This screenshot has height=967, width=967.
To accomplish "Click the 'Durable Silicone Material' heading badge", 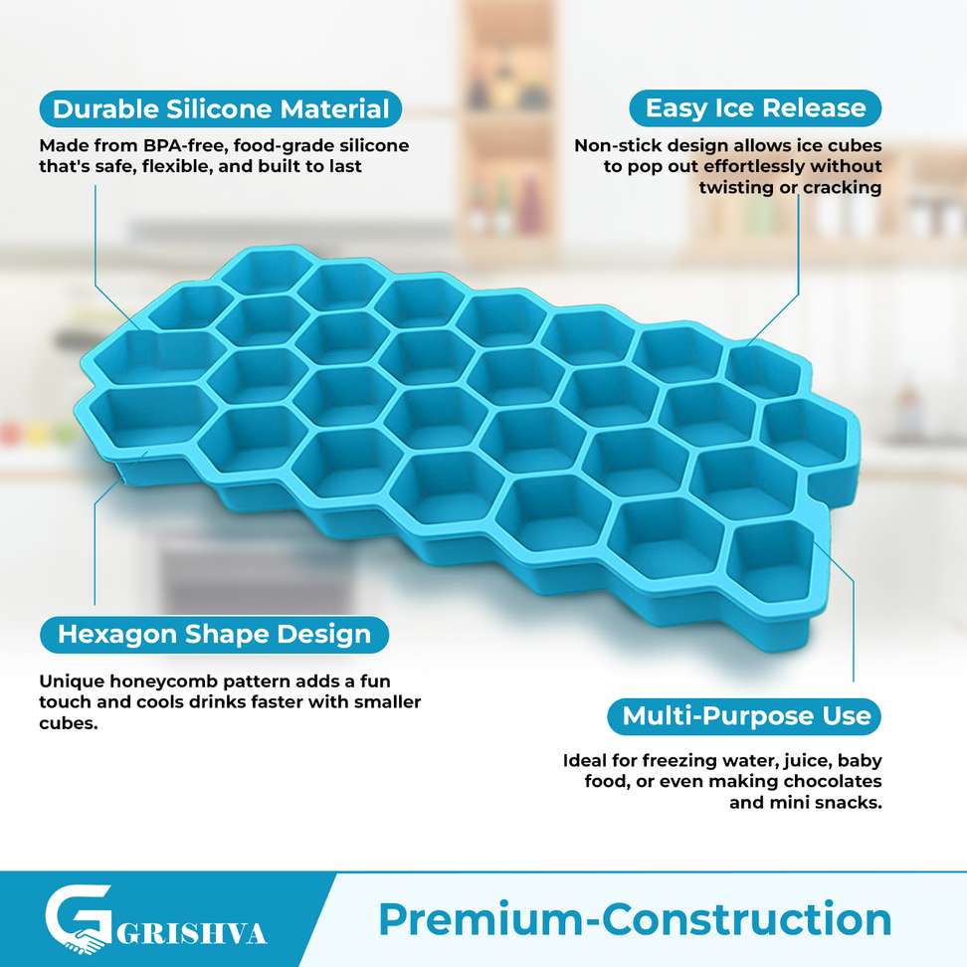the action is tap(220, 109).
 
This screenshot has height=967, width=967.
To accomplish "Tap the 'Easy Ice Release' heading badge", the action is tap(755, 108).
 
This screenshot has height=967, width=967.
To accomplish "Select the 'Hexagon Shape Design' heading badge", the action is tap(214, 635).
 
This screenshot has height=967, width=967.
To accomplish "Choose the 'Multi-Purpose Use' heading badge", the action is tap(744, 716).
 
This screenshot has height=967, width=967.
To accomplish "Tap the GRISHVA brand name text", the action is tap(191, 934).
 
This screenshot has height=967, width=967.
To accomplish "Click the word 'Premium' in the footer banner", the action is tap(482, 920).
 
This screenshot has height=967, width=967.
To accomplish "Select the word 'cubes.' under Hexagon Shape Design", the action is tap(69, 723).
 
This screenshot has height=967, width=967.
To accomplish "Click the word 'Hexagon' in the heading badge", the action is tap(117, 635).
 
